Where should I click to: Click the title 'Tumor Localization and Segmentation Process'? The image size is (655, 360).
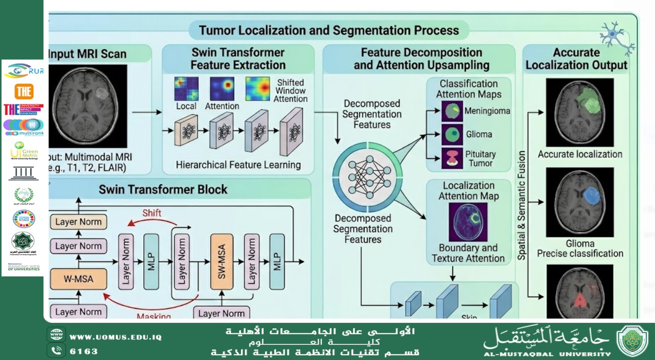pos(329,30)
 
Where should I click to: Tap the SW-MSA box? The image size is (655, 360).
pos(223,261)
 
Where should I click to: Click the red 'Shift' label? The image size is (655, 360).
pos(151,213)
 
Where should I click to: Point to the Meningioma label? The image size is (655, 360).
pos(486,111)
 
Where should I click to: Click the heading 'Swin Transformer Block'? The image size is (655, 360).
pos(163,190)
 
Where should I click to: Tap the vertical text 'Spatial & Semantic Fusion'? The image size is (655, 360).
pos(522,205)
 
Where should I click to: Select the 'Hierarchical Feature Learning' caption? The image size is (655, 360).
pos(238,165)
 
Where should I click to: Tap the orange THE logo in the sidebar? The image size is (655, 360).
pos(24,91)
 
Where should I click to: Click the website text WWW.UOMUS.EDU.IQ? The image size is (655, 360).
pos(115,337)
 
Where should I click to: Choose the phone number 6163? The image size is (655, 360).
pos(84,351)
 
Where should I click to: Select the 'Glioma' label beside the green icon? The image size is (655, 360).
pos(478,134)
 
